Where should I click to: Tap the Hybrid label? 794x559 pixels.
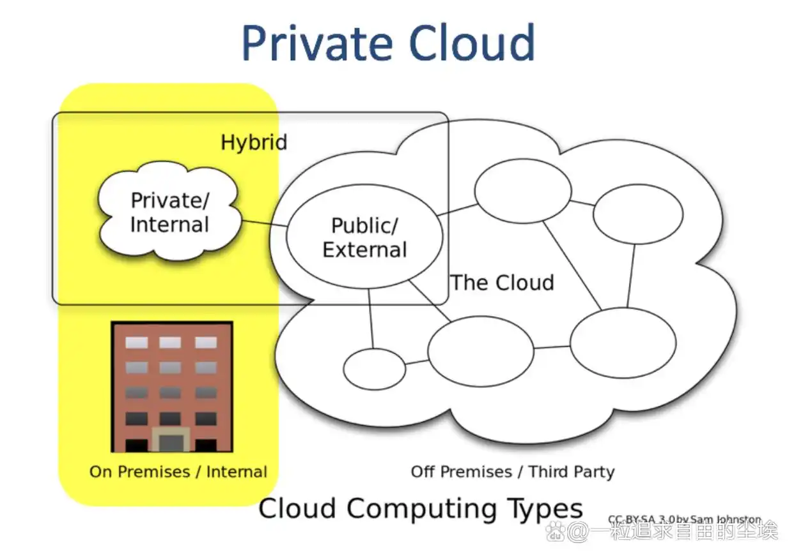pyautogui.click(x=253, y=142)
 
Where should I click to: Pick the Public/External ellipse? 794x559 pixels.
pyautogui.click(x=365, y=237)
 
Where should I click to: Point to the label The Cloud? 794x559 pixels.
pyautogui.click(x=502, y=283)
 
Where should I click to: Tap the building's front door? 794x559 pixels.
pyautogui.click(x=172, y=440)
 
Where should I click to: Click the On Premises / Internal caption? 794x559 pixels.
pyautogui.click(x=178, y=471)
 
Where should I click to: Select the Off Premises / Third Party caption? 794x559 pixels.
pyautogui.click(x=512, y=471)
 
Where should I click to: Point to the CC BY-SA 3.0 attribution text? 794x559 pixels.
pyautogui.click(x=684, y=520)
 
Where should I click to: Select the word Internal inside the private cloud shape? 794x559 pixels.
pyautogui.click(x=170, y=224)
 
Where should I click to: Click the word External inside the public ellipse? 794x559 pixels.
pyautogui.click(x=365, y=249)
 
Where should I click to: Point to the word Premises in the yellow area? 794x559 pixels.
pyautogui.click(x=159, y=471)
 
